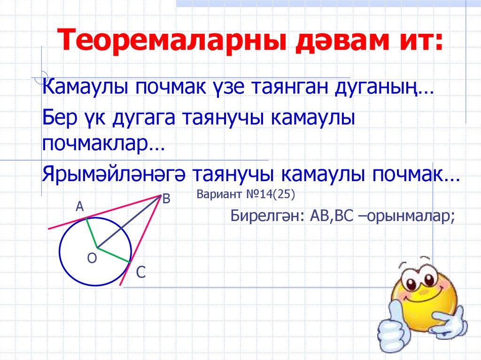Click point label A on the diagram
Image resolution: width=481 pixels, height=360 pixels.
(x=80, y=206)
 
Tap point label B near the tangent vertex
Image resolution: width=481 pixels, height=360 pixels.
(x=166, y=199)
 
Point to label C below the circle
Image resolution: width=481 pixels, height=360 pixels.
(x=141, y=272)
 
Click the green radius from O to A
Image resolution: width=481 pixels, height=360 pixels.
(x=91, y=233)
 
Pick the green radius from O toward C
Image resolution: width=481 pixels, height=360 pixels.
(x=114, y=254)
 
